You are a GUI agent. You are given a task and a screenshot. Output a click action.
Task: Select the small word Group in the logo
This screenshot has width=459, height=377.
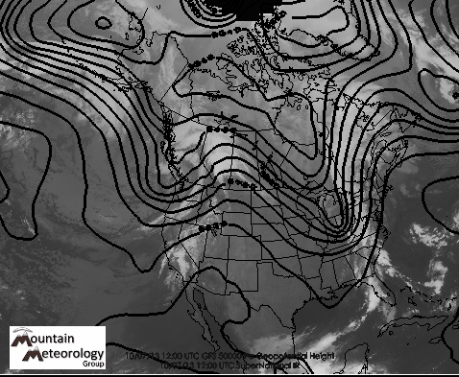(92, 365)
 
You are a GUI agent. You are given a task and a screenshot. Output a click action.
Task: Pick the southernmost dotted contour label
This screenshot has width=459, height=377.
(213, 226)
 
